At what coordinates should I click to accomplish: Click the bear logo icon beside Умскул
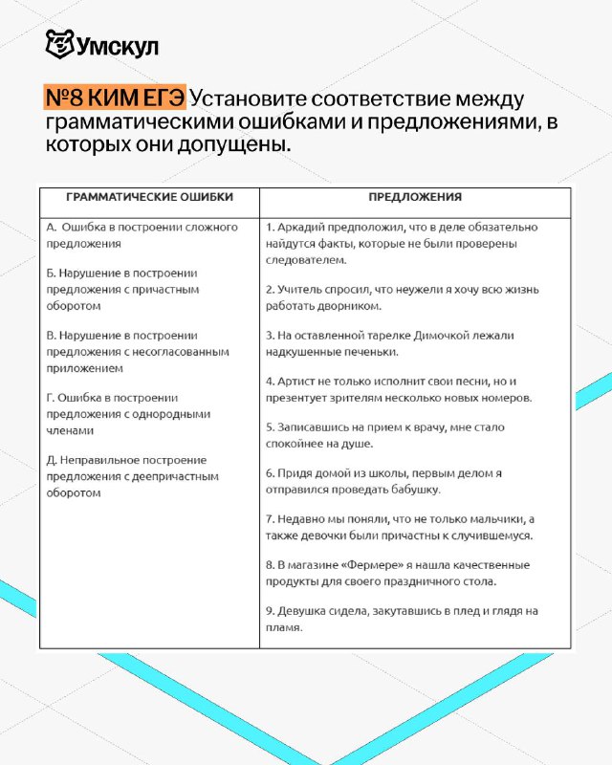click(x=58, y=45)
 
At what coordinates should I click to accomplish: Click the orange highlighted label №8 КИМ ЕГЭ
click(x=114, y=99)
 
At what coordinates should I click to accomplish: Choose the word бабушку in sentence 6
click(x=416, y=489)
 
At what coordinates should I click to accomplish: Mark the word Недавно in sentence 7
click(x=303, y=519)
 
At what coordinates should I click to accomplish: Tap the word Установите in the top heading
click(x=252, y=99)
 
